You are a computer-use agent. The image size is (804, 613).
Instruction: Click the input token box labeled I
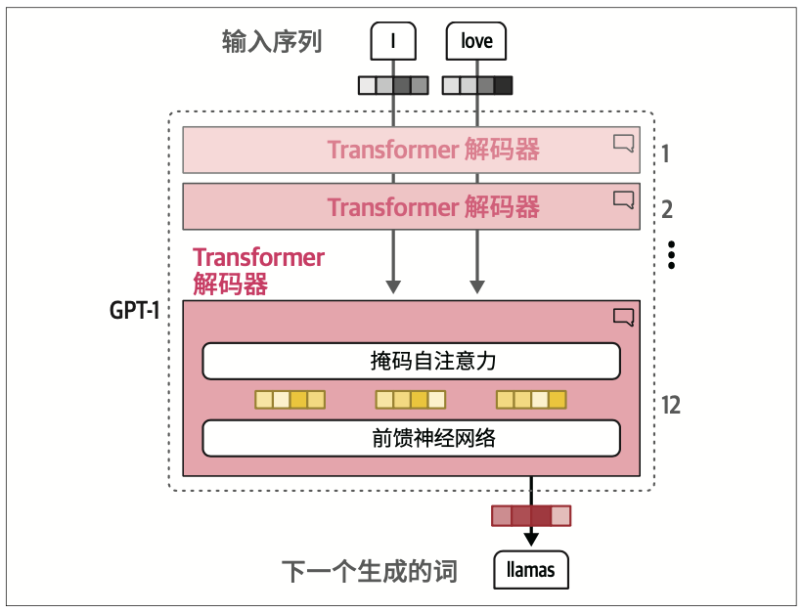click(x=393, y=42)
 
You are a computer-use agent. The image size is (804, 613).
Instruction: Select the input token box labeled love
click(x=476, y=42)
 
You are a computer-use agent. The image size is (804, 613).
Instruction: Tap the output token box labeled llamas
click(x=531, y=568)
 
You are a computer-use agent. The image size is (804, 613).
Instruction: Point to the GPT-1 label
click(x=135, y=312)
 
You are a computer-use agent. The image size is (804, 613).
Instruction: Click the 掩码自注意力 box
click(x=411, y=361)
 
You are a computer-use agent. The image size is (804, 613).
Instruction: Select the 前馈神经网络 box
click(x=411, y=437)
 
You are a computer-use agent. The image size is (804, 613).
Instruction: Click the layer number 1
click(x=665, y=153)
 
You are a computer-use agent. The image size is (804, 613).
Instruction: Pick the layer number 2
click(x=666, y=208)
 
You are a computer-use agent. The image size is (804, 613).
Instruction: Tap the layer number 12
click(x=670, y=405)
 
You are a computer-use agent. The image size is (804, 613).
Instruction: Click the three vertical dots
click(x=671, y=253)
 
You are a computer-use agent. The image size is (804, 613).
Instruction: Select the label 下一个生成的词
click(x=370, y=570)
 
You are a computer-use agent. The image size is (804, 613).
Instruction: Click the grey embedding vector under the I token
click(x=393, y=85)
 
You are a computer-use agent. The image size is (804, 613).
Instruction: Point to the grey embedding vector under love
click(x=476, y=85)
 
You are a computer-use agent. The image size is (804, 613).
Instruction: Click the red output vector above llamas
click(x=531, y=515)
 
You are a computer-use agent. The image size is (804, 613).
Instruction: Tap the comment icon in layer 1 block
click(x=623, y=143)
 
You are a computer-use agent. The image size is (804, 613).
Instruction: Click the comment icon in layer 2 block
click(x=623, y=198)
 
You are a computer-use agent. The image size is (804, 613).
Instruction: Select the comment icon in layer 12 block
click(x=623, y=316)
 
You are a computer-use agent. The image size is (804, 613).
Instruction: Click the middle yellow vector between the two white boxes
click(x=411, y=399)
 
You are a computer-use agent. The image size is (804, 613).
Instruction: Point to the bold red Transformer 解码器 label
click(x=258, y=271)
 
